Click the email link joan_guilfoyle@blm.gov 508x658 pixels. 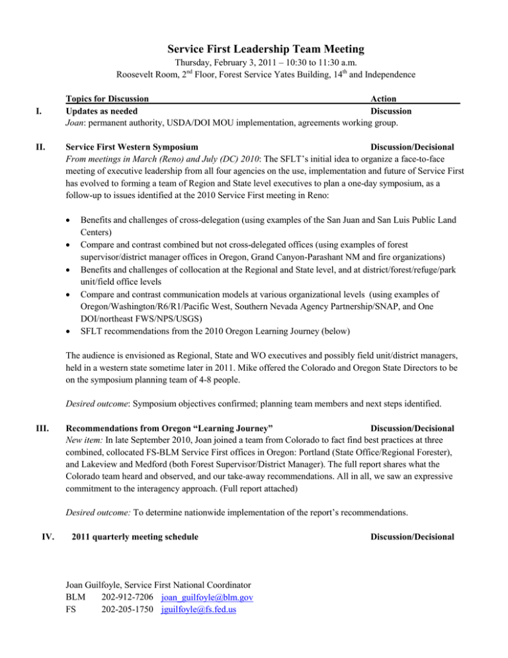coord(208,598)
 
